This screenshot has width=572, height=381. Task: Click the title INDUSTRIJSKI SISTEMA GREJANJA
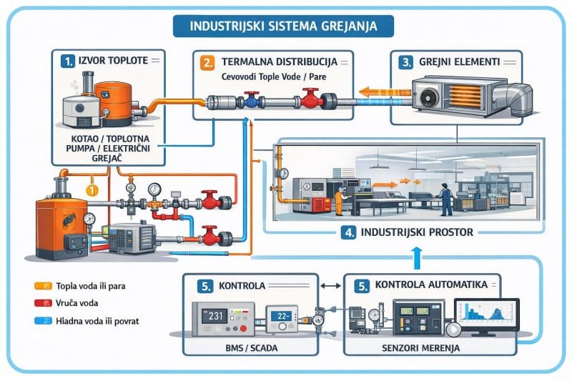[x=285, y=26]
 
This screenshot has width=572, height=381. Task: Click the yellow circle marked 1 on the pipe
[x=90, y=190]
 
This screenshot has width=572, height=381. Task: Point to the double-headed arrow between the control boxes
[x=330, y=285]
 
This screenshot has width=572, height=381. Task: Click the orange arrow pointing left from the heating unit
[x=377, y=91]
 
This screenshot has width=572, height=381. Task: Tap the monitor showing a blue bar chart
[x=485, y=313]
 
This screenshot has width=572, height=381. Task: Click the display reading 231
[x=216, y=315]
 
